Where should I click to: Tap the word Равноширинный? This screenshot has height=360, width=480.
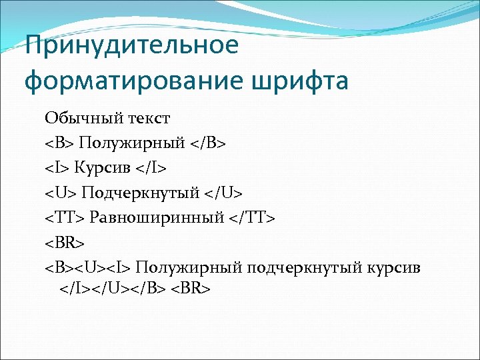163,217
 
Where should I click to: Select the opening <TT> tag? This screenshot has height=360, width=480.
65,217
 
